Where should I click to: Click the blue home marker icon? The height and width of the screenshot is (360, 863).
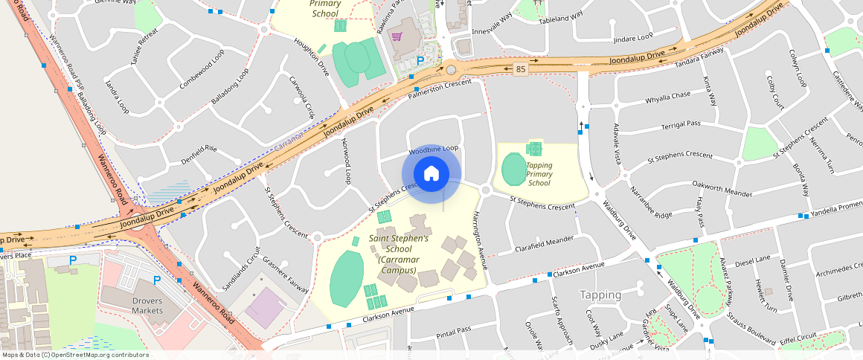[431, 174]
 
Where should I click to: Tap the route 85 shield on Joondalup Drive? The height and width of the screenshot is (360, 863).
[520, 69]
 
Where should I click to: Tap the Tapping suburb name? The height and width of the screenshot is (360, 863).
[600, 295]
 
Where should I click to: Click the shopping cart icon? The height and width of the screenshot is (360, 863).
[397, 36]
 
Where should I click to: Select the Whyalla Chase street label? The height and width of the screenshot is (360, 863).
[667, 97]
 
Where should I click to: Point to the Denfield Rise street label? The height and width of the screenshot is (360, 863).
[199, 154]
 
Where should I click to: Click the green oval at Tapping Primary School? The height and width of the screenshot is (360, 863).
[513, 170]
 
